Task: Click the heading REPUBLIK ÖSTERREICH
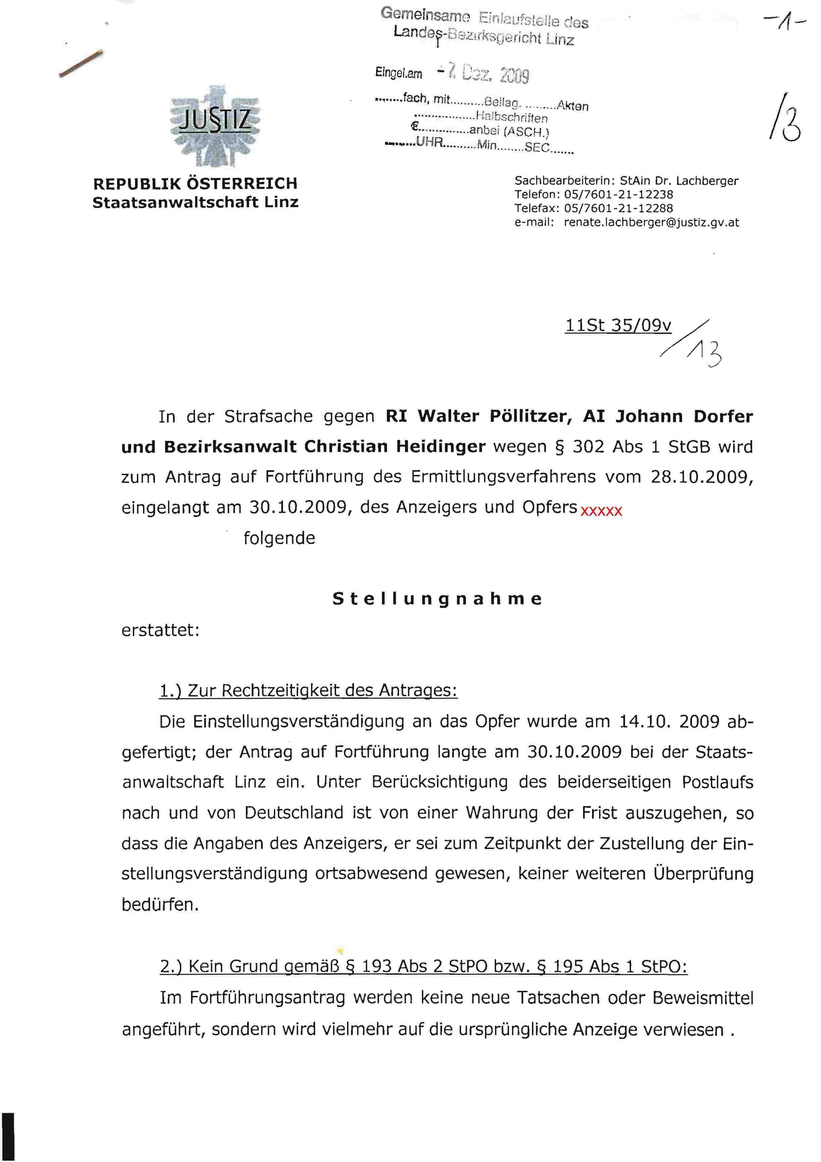coord(195,183)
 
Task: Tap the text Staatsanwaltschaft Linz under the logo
coord(195,202)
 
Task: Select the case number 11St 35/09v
coord(618,325)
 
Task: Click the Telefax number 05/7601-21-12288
coord(619,208)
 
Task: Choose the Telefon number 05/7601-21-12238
coord(619,194)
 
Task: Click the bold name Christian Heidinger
coord(395,447)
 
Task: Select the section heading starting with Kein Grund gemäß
coord(423,967)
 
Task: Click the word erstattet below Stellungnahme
coord(160,630)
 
